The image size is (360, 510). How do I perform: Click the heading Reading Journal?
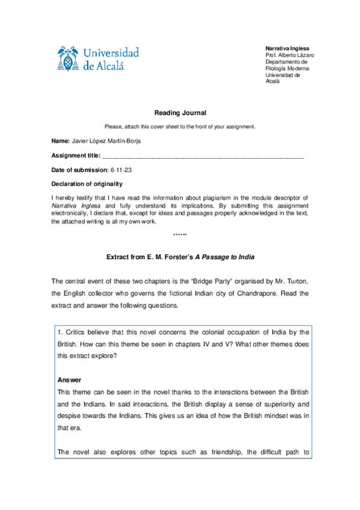tap(180, 113)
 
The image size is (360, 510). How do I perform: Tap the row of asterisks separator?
tap(180, 235)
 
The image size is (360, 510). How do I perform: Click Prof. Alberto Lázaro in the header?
tap(289, 55)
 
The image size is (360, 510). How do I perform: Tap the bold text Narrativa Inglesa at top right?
tap(288, 48)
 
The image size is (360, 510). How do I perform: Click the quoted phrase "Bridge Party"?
tap(197, 281)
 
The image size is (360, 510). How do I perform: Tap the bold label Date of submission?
tap(79, 170)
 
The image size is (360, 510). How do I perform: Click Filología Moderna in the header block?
tap(287, 68)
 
